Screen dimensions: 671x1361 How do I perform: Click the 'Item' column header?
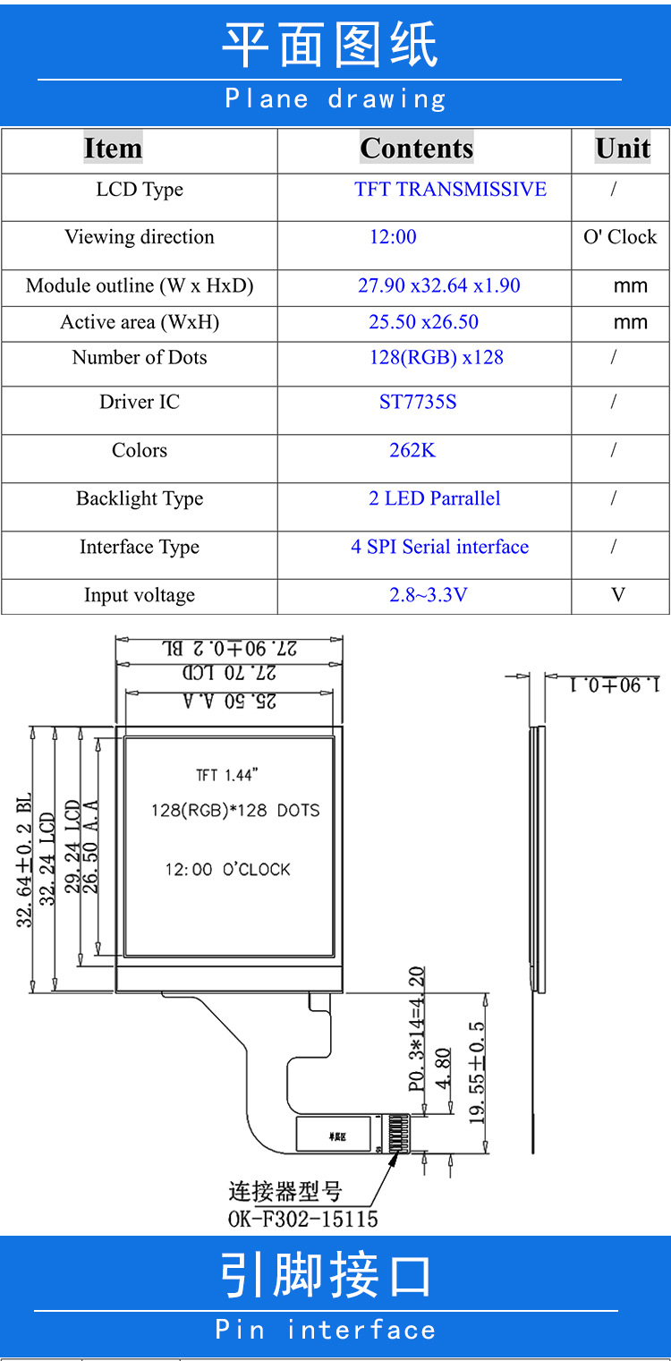click(x=113, y=149)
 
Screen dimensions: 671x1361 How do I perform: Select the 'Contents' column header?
click(x=416, y=149)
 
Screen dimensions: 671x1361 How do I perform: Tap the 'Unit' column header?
click(x=623, y=149)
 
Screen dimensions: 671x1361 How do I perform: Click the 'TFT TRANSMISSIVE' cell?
click(x=450, y=190)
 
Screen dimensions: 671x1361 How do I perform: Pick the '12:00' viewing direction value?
click(x=393, y=237)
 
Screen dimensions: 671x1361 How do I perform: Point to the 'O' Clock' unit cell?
click(x=620, y=237)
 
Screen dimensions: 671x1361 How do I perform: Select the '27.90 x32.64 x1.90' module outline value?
click(x=438, y=286)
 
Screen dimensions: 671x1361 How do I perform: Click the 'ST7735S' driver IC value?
click(x=418, y=402)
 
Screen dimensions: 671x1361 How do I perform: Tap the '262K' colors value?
click(x=412, y=450)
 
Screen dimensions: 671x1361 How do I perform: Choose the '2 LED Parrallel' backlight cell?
click(x=435, y=498)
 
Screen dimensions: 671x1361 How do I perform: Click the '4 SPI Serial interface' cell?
click(x=439, y=547)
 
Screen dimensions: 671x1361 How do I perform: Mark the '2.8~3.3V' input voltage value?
click(x=428, y=595)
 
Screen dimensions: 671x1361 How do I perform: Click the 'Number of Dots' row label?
click(x=140, y=358)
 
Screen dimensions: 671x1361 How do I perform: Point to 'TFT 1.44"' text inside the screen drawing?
click(x=227, y=776)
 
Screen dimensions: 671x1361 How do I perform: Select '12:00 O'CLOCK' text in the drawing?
click(x=227, y=870)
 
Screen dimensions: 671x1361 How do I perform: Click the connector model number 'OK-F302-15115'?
click(x=302, y=1219)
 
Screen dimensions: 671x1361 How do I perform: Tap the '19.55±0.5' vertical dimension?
click(x=477, y=1073)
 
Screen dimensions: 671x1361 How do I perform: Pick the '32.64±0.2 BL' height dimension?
click(x=24, y=859)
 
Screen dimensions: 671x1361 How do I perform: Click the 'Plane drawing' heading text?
click(x=335, y=98)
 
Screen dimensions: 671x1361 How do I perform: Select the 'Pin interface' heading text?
click(x=326, y=1330)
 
